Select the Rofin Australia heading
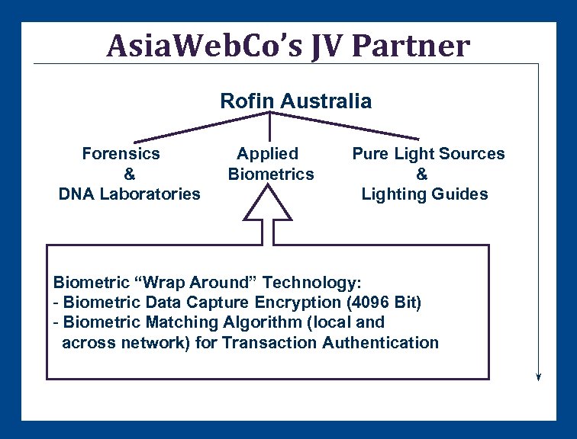295,101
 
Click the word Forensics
121,153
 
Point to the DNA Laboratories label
129,194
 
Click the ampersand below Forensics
129,174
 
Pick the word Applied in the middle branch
267,153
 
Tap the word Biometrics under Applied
271,174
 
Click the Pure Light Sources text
428,153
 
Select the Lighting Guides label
424,194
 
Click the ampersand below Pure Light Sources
422,174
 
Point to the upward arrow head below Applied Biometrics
269,204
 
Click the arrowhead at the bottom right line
539,375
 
